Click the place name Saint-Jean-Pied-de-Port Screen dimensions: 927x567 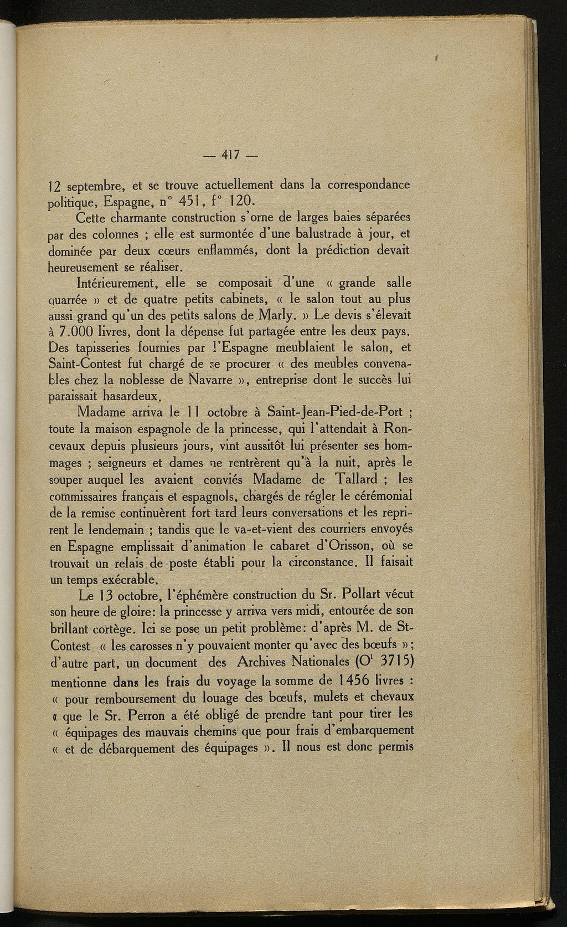point(330,413)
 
